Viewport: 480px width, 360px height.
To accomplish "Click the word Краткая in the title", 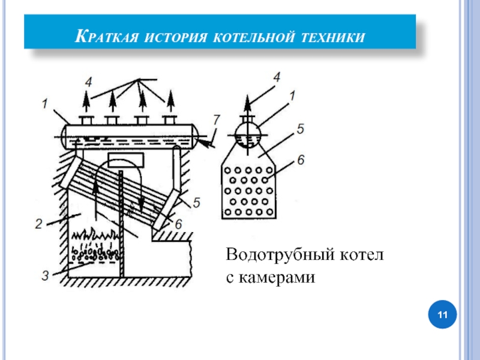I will coord(107,37).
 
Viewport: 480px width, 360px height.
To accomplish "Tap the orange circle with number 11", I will coord(443,315).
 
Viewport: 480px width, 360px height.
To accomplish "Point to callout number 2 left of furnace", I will coord(39,225).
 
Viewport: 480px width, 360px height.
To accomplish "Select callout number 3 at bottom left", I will coord(46,277).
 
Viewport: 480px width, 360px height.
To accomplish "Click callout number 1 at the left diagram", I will coord(44,103).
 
